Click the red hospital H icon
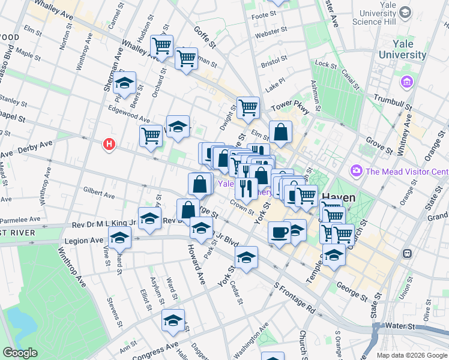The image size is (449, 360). click(109, 145)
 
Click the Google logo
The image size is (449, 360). click(20, 353)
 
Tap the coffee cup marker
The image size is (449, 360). click(279, 231)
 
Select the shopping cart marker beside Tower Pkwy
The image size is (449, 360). click(248, 108)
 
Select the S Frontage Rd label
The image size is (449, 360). click(295, 298)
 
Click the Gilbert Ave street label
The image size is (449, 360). click(99, 193)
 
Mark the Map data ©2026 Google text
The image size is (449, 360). click(412, 355)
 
